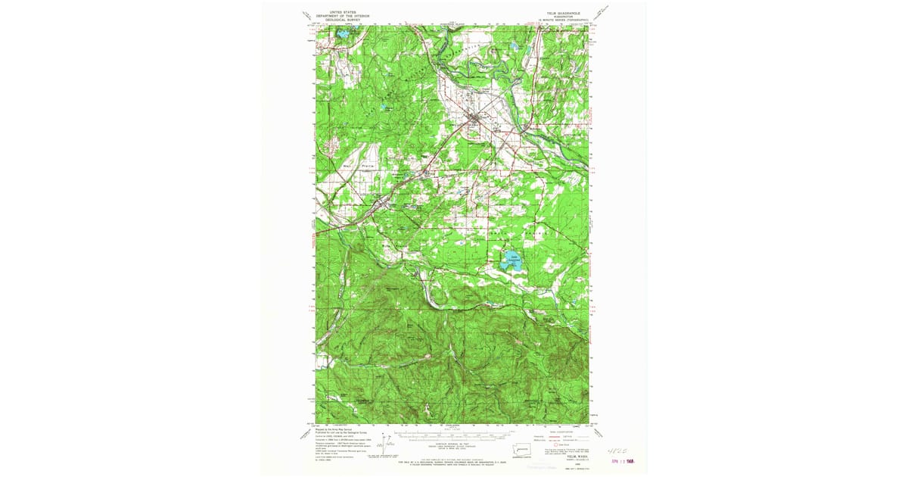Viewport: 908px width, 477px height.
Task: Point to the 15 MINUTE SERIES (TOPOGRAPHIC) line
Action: pos(557,19)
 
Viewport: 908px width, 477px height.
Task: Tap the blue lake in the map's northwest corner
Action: pos(342,35)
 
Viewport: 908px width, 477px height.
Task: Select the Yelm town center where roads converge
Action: pos(475,120)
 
